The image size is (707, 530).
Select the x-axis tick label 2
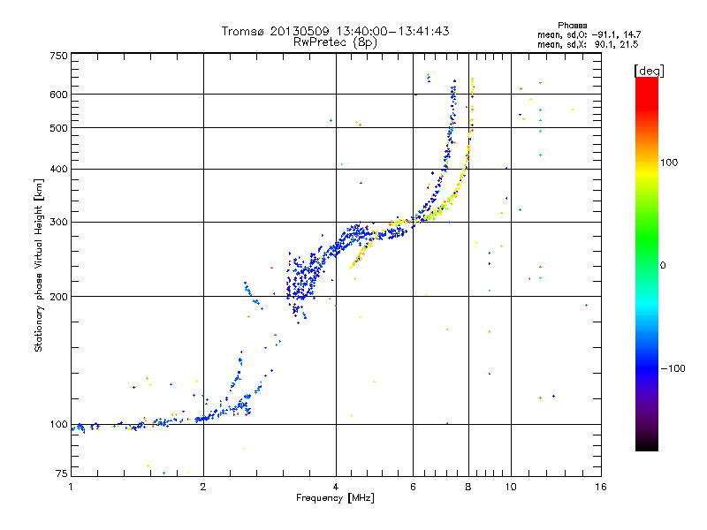pyautogui.click(x=203, y=487)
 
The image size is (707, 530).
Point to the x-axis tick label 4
pyautogui.click(x=336, y=487)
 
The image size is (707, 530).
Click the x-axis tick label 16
pyautogui.click(x=601, y=487)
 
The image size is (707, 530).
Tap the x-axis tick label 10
pyautogui.click(x=510, y=487)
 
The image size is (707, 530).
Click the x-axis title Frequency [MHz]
pyautogui.click(x=335, y=498)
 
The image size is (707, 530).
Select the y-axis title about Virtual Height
pyautogui.click(x=39, y=265)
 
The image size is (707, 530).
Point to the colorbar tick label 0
pyautogui.click(x=663, y=265)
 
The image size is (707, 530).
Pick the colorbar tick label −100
pyautogui.click(x=672, y=368)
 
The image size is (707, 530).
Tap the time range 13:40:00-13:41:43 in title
pyautogui.click(x=388, y=31)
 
